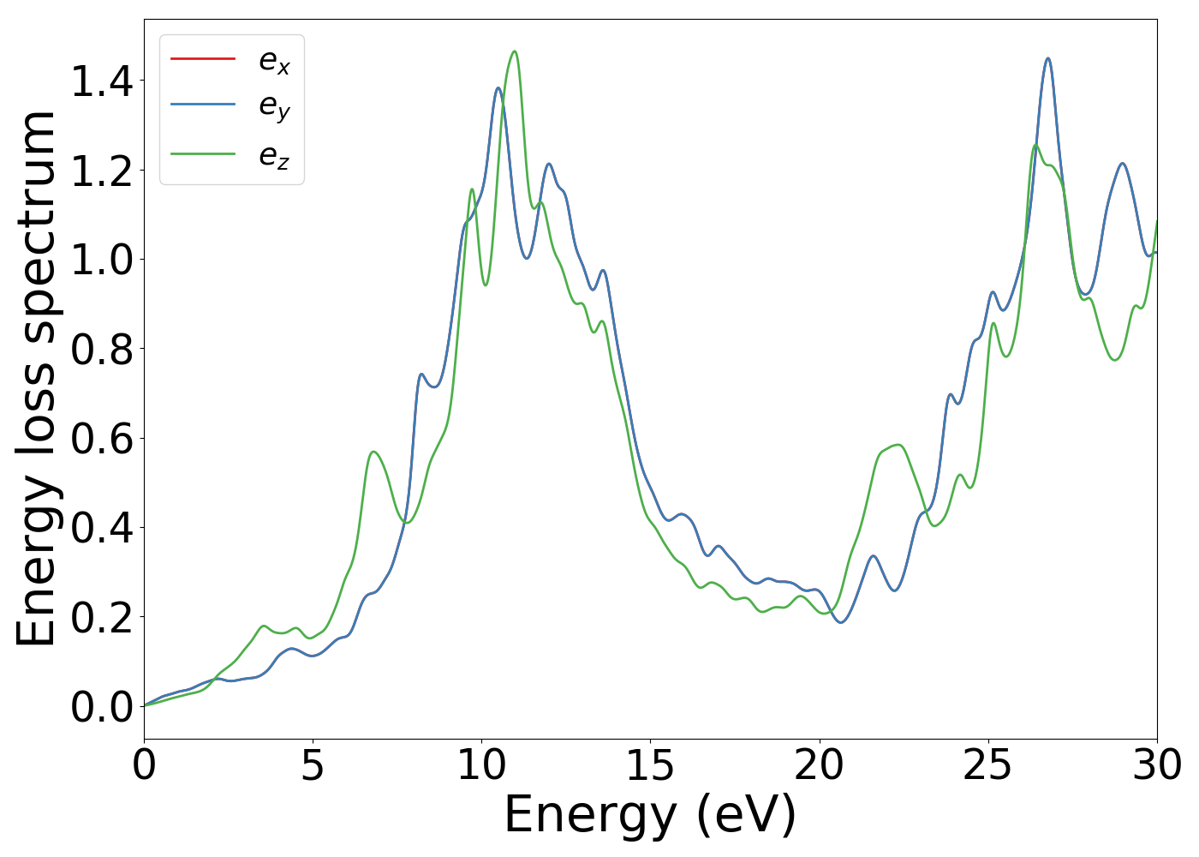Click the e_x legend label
(274, 61)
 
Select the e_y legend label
(274, 107)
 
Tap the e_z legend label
(274, 155)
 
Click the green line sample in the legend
(203, 154)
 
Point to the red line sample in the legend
(203, 58)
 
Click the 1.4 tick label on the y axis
(102, 82)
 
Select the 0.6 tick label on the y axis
(102, 439)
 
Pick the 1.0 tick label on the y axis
(102, 261)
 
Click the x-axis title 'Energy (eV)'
(650, 814)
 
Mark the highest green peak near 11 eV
(515, 51)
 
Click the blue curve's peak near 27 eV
(1047, 58)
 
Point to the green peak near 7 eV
(373, 451)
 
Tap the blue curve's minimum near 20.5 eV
(841, 622)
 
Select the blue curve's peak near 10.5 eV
(498, 87)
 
